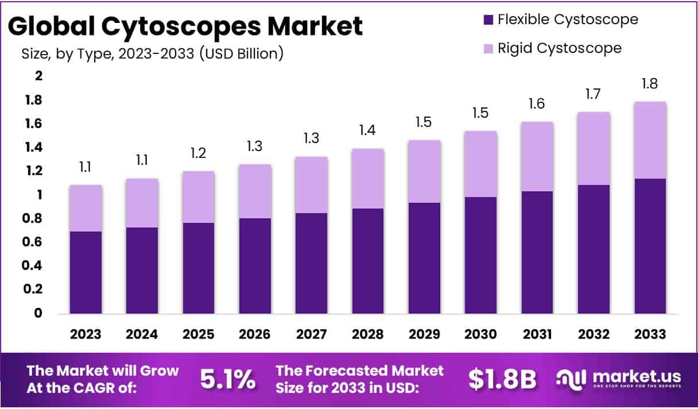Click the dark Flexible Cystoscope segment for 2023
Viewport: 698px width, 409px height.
tap(86, 272)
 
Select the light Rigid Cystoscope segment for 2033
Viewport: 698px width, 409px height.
tap(650, 140)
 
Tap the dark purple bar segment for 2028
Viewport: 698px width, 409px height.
tap(368, 261)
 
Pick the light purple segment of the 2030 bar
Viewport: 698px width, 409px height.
tap(480, 164)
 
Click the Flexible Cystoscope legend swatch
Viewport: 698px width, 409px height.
tap(488, 20)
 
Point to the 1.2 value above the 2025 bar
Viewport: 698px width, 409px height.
tap(198, 153)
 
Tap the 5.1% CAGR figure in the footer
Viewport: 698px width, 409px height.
tap(228, 379)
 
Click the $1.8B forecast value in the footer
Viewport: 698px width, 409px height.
tap(502, 379)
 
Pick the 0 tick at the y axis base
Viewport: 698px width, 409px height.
tap(38, 314)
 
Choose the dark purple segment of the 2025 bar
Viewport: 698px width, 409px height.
tap(198, 268)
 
